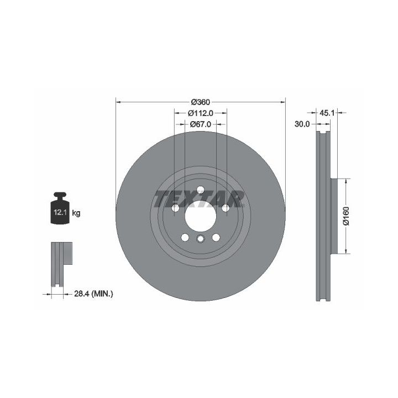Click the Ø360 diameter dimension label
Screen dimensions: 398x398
201,102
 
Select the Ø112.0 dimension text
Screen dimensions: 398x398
201,113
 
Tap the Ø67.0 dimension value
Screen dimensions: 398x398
201,124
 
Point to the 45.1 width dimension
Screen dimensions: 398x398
327,113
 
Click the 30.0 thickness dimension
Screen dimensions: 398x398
302,124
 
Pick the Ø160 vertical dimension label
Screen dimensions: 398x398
346,216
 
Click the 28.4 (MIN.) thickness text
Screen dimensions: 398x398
93,294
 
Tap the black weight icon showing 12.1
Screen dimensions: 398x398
60,208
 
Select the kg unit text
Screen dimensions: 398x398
76,213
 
